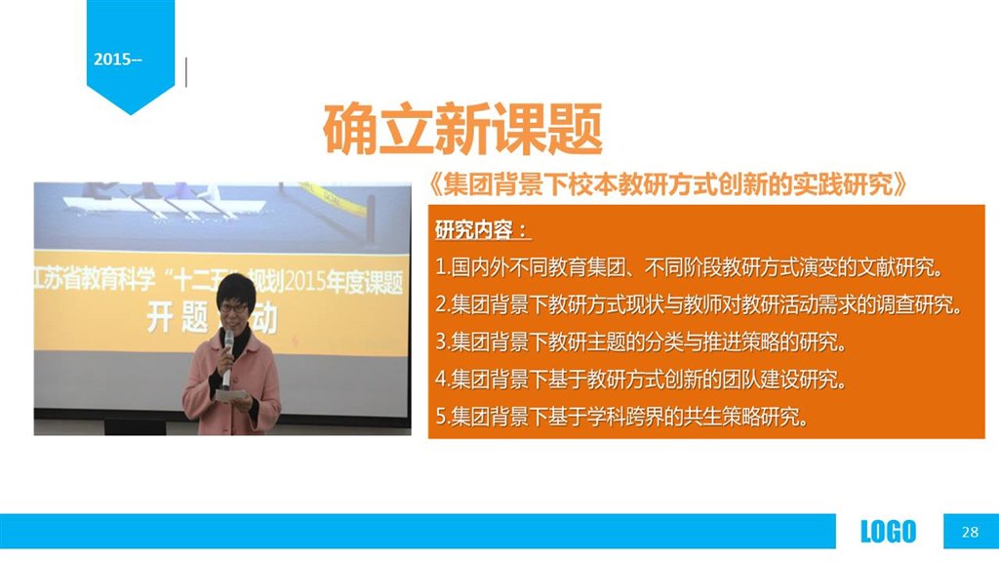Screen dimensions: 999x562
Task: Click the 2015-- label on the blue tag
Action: point(118,60)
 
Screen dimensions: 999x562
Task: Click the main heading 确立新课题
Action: point(463,130)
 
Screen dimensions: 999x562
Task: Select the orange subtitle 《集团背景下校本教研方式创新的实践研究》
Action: point(667,184)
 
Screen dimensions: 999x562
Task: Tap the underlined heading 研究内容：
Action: point(482,229)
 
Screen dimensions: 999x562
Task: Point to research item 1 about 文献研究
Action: point(689,267)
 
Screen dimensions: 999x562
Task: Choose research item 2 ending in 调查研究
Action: point(699,304)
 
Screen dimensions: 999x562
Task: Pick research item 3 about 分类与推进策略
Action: point(642,342)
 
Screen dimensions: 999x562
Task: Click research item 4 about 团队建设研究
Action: point(642,380)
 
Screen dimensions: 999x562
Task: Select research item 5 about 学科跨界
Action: point(622,417)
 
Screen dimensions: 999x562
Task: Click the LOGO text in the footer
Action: point(888,532)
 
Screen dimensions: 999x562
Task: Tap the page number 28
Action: point(970,532)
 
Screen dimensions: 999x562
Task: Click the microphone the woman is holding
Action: point(226,359)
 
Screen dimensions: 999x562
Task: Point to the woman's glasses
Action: point(233,308)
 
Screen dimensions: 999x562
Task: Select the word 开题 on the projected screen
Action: point(178,317)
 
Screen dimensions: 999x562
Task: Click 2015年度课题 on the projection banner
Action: point(343,282)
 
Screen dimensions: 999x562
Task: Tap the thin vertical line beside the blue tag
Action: point(186,72)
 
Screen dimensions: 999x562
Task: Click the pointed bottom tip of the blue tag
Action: point(131,115)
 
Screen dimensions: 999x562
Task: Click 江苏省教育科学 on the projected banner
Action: point(95,279)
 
